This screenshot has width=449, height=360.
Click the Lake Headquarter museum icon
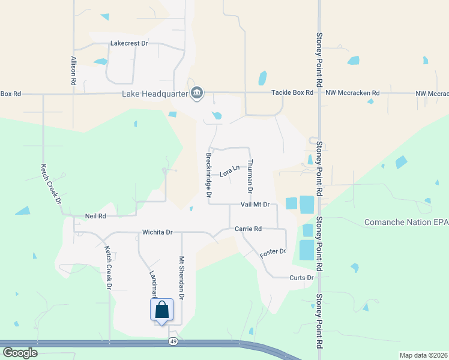(197, 93)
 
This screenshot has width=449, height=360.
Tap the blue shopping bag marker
(161, 311)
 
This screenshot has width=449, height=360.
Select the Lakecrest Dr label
(129, 44)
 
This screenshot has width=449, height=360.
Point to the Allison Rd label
(73, 70)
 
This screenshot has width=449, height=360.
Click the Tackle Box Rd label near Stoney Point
(292, 93)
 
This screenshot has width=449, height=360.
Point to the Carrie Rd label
(248, 229)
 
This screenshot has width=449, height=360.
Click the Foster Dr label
(273, 253)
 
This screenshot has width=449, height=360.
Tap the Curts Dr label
(301, 278)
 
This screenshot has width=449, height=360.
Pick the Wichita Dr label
(157, 232)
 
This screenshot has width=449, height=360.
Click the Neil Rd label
(95, 216)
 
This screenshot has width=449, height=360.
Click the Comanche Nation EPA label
(406, 223)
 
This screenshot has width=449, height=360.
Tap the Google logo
(20, 353)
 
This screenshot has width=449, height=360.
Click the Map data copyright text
(423, 355)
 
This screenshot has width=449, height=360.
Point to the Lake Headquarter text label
(154, 94)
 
